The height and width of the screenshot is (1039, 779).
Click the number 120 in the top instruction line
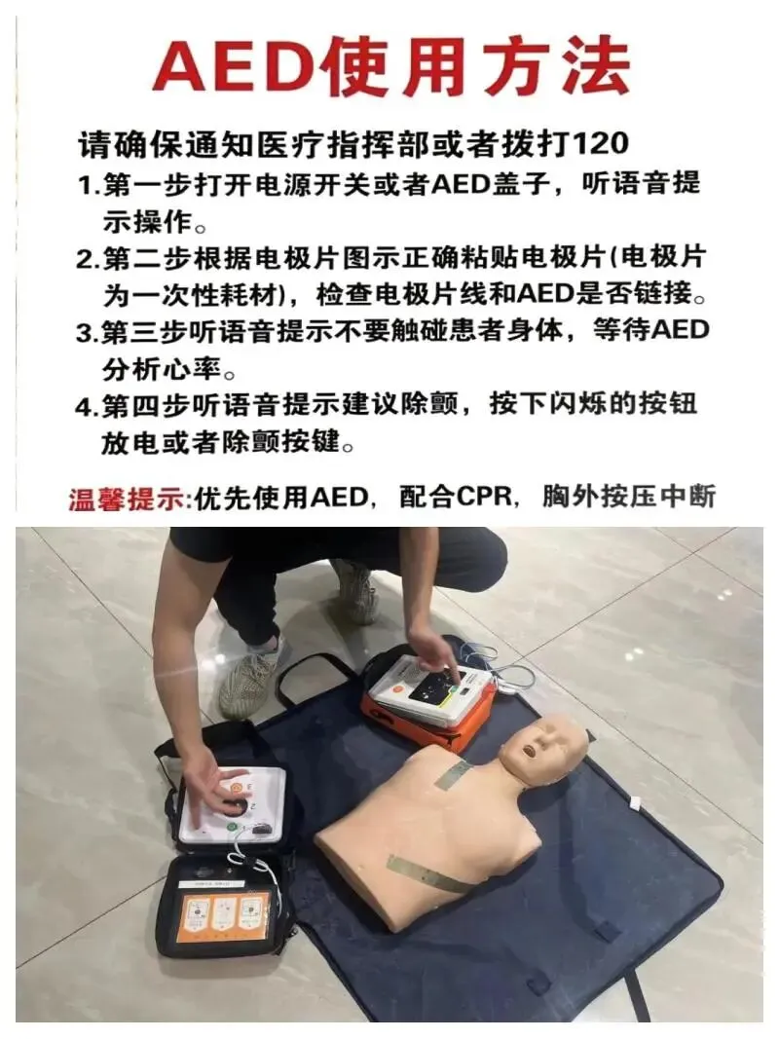[599, 144]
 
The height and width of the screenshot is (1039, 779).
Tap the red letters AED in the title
[236, 65]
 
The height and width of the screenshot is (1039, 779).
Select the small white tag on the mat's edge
[634, 803]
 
